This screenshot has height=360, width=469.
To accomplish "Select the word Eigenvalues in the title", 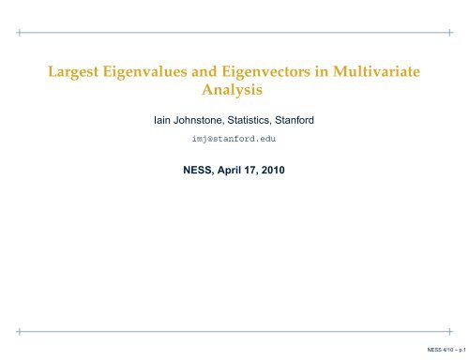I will (x=143, y=74).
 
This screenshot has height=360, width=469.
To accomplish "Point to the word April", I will (x=224, y=172).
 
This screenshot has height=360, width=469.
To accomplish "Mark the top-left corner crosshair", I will (x=20, y=31).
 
